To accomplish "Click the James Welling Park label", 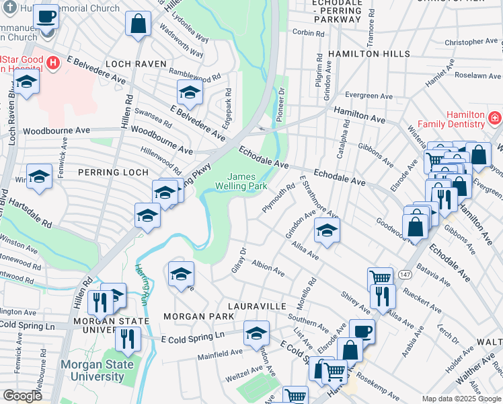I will point(241,181).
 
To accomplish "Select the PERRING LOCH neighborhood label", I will point(112,173).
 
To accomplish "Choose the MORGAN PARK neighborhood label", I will point(192,316).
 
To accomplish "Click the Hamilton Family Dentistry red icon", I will point(494,119).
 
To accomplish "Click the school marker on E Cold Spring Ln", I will point(256,333).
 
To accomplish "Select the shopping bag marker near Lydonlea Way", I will point(138,24).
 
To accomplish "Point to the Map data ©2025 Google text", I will point(461,398).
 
